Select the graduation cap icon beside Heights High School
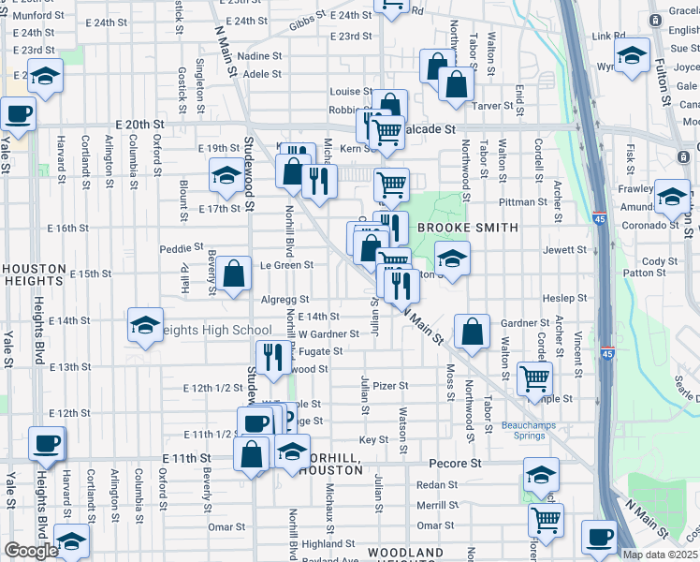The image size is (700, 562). click(145, 326)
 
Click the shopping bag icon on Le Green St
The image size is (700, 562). click(234, 274)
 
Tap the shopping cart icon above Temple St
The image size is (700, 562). click(534, 379)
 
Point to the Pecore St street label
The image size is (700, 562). click(455, 463)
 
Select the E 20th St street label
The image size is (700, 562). click(139, 124)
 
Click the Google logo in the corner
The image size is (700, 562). click(31, 551)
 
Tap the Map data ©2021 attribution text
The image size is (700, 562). click(661, 555)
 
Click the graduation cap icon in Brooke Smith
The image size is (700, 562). click(452, 260)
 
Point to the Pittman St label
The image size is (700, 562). click(523, 201)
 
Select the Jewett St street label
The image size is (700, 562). click(563, 250)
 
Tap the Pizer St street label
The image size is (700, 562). click(390, 385)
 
